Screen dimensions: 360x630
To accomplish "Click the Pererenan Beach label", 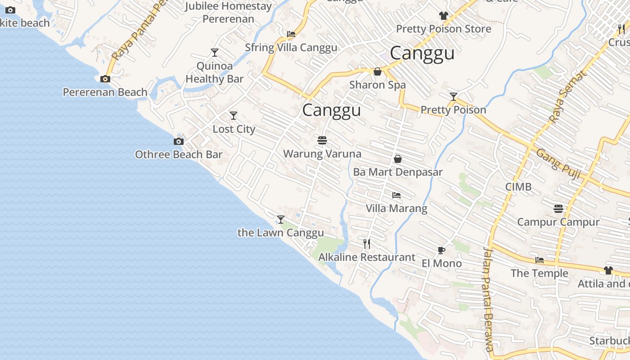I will [105, 92].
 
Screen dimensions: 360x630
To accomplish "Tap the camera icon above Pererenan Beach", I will [105, 79].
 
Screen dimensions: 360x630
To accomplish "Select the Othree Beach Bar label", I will [179, 155].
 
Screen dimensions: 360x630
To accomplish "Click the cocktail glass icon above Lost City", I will [234, 116].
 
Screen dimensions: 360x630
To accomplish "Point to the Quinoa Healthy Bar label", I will [215, 72].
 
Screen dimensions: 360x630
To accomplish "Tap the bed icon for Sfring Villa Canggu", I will [291, 34].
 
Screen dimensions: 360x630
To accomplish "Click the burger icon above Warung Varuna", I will [322, 140].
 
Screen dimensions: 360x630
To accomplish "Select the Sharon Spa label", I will [378, 85].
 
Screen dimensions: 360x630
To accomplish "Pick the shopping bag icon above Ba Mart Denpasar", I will [398, 159].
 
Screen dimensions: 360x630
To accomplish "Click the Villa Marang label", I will [396, 208].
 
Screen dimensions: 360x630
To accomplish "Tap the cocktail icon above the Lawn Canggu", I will [281, 220].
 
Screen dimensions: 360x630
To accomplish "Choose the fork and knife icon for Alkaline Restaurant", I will [367, 244].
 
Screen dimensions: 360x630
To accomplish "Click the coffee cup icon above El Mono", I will [441, 250].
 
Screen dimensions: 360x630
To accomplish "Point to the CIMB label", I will [518, 187].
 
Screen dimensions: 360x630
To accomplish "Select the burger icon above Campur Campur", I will [558, 209].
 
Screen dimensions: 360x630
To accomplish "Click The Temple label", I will [540, 273].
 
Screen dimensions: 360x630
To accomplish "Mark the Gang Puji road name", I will [558, 164].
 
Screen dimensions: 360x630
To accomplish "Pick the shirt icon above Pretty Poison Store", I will [444, 16].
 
